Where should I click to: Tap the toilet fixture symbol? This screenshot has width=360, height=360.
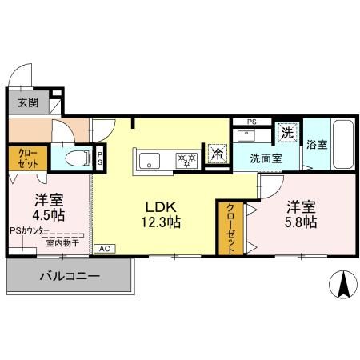[75, 157]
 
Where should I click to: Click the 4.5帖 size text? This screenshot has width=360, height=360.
[48, 215]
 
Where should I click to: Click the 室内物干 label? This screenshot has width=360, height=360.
[62, 242]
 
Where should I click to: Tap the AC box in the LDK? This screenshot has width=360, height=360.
[104, 249]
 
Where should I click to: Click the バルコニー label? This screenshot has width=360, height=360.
[70, 278]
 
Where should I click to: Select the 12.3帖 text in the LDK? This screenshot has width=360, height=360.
[162, 222]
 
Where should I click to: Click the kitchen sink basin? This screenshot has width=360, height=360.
[150, 161]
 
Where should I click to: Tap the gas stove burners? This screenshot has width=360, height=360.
[186, 160]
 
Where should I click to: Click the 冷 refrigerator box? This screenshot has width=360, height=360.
[216, 154]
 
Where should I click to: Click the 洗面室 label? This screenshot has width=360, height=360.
[265, 158]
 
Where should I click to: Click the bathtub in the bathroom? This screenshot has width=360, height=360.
[342, 144]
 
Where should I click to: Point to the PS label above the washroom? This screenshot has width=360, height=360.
[251, 122]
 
